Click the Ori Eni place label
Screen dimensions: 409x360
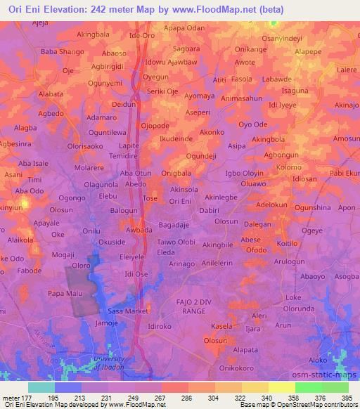pyautogui.click(x=181, y=201)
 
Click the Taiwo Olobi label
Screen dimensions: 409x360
pyautogui.click(x=176, y=241)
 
